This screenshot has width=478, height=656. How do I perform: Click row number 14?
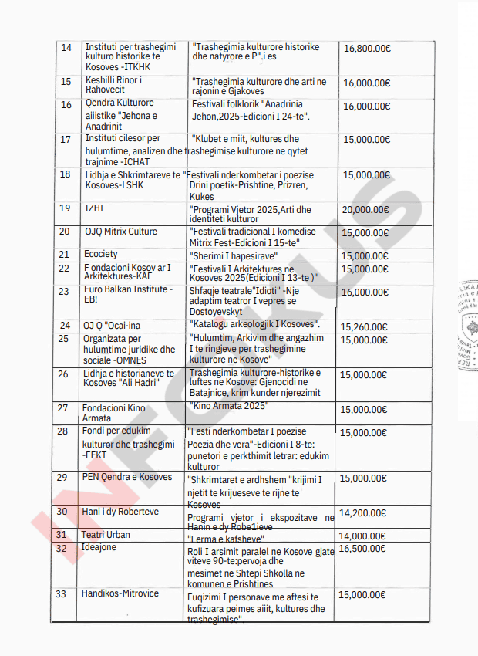[x=66, y=48]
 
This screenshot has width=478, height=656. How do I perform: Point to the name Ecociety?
[x=100, y=254]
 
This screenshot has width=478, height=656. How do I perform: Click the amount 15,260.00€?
[x=365, y=326]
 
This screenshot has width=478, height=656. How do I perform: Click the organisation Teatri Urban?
[x=106, y=534]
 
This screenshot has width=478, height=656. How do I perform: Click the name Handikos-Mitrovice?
[x=120, y=593]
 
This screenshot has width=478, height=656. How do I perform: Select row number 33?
[x=61, y=593]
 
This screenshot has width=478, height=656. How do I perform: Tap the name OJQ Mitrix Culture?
[x=120, y=232]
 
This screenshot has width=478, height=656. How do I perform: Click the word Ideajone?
[x=100, y=548]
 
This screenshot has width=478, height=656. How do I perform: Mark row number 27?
[x=63, y=407]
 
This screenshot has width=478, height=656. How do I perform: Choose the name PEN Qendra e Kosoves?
[x=127, y=477]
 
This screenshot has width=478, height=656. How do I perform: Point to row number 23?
[x=64, y=292]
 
